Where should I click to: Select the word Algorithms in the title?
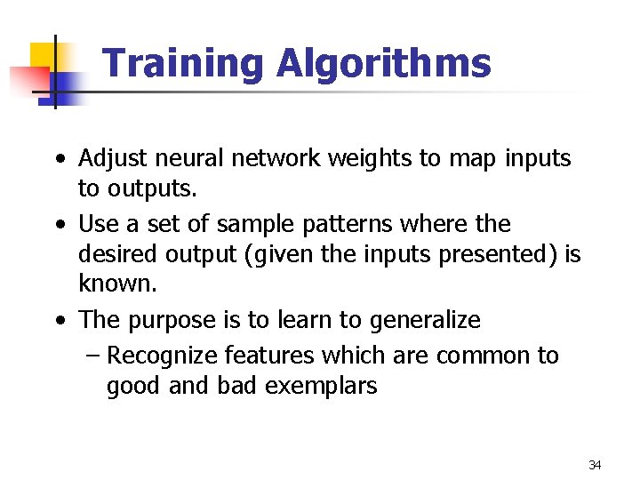pyautogui.click(x=383, y=64)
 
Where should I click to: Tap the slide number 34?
pyautogui.click(x=595, y=465)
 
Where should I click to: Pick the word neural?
pyautogui.click(x=185, y=159)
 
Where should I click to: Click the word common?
pyautogui.click(x=484, y=356)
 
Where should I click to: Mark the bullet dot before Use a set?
pyautogui.click(x=59, y=225)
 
